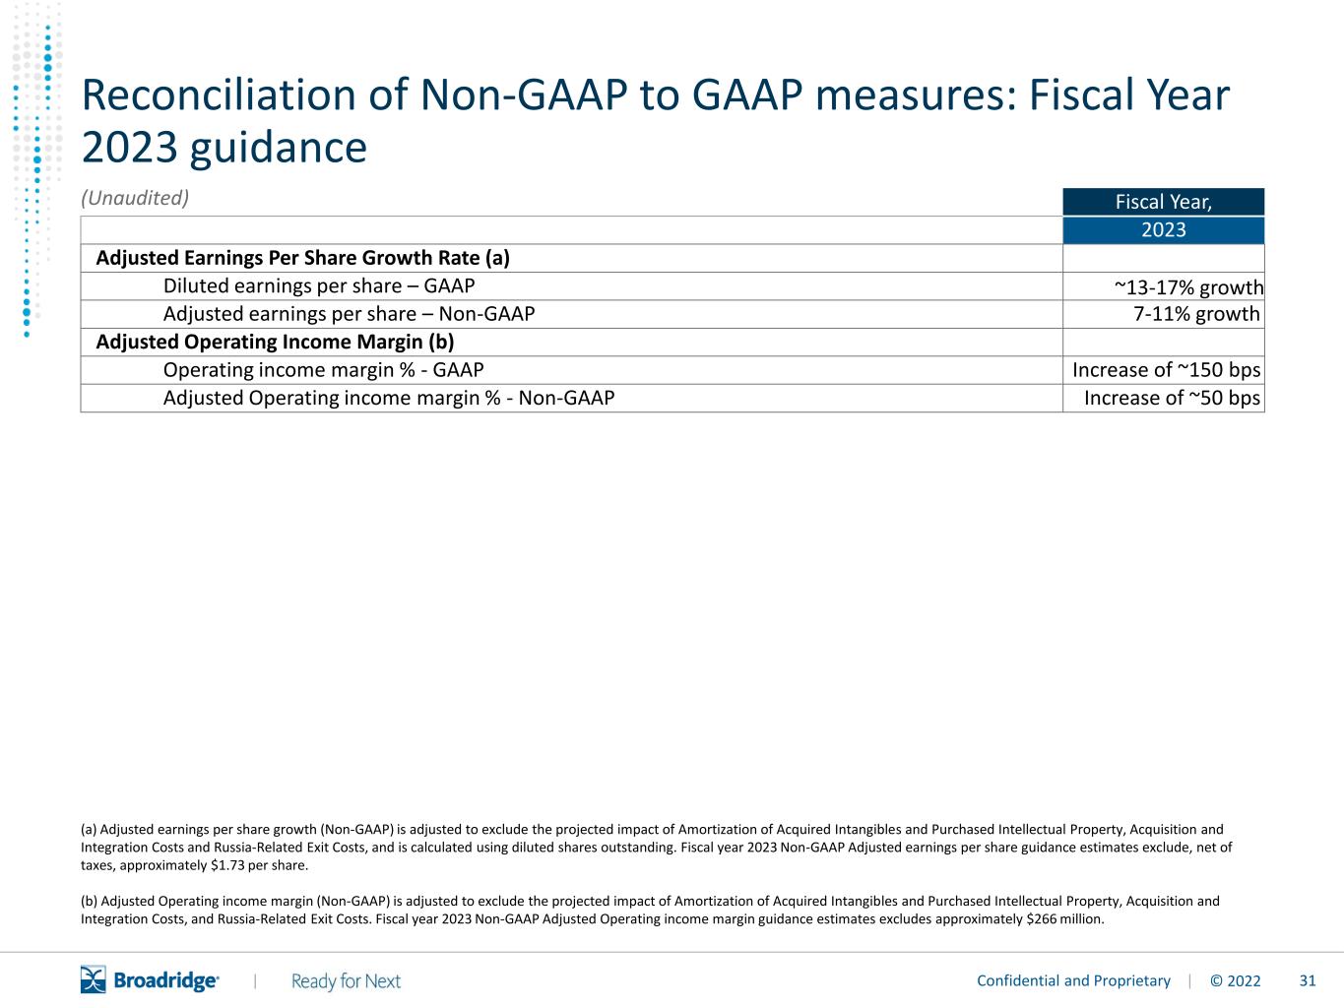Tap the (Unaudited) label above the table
click(x=135, y=198)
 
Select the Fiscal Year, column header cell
click(x=1164, y=202)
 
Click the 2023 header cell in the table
click(x=1164, y=230)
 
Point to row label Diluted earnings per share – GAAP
click(x=318, y=286)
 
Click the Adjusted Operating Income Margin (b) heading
click(x=275, y=343)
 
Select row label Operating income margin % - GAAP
click(x=323, y=370)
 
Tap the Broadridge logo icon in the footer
click(x=94, y=979)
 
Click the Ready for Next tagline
click(x=346, y=981)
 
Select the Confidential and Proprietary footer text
click(x=1073, y=981)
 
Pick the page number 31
click(x=1308, y=981)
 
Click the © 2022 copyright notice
click(x=1235, y=981)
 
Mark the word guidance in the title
click(x=279, y=149)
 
